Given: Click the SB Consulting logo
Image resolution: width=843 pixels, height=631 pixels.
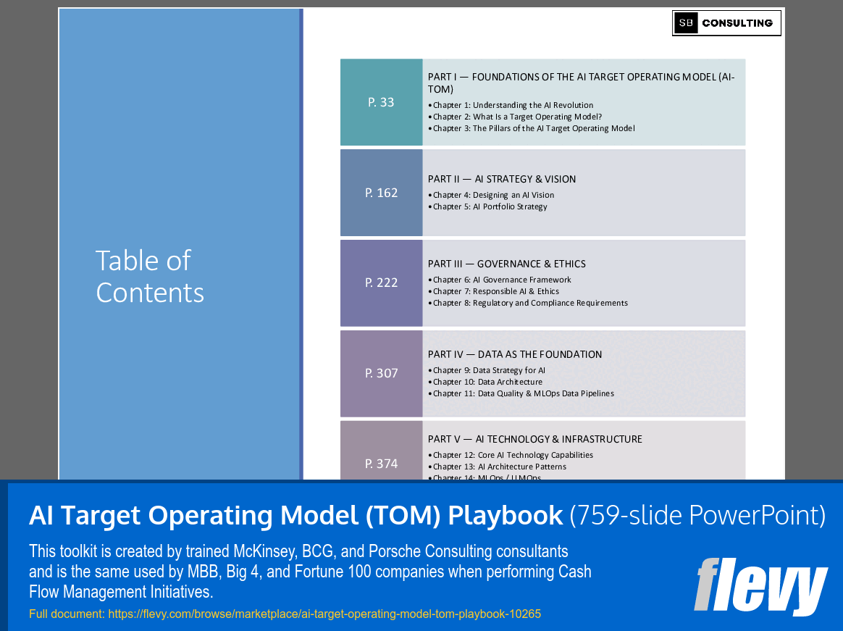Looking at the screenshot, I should pos(726,23).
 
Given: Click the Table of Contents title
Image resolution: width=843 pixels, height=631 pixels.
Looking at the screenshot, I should pos(150,276).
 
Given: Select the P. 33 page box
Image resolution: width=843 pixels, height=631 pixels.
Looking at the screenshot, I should pos(381,102).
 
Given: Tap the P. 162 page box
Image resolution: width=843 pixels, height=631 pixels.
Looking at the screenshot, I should pos(381,193).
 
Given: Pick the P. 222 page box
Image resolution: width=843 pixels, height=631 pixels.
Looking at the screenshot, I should pos(381,283).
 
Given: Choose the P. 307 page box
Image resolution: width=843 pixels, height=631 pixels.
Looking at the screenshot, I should pos(381,373).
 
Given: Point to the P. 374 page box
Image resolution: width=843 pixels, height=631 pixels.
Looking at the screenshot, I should pos(381,463).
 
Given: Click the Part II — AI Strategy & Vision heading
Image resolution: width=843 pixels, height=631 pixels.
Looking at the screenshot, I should pos(502,179).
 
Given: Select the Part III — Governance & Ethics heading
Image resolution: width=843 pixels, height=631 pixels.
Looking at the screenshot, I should pos(507,264).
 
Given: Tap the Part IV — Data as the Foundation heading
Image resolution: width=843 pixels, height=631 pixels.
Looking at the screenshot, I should pos(515,354).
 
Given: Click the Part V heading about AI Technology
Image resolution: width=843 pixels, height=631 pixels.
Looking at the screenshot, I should pos(534,439).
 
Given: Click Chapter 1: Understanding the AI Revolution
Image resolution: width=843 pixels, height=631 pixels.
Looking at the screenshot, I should pos(513,105).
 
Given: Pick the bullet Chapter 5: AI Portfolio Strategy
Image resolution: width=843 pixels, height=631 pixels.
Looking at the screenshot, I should pos(490,206).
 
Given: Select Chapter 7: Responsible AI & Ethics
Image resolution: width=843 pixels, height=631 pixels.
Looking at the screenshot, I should pos(496,291).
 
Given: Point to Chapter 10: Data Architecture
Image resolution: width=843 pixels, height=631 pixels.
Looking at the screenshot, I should pos(487,382).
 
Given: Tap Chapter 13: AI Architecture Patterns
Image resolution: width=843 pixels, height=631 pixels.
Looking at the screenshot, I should pos(500,467).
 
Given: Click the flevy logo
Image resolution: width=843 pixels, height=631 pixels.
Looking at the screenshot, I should pos(760,586).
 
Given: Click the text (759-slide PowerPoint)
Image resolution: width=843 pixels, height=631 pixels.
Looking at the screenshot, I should pos(697,515).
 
